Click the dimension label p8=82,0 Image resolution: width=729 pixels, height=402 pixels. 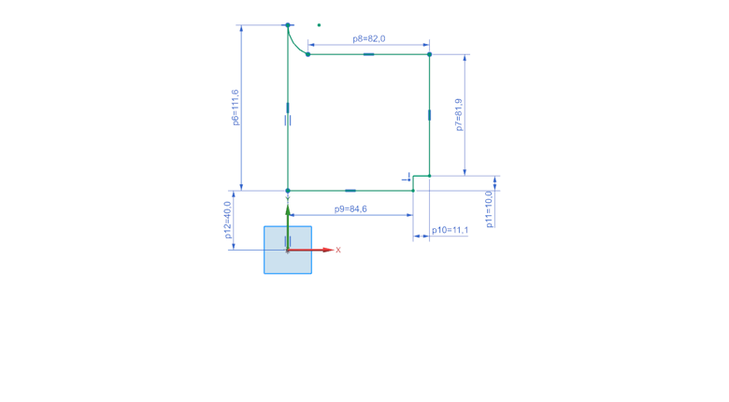pos(369,38)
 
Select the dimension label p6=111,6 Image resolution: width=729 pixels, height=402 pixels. pos(235,107)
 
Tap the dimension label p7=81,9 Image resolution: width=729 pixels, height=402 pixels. pos(459,114)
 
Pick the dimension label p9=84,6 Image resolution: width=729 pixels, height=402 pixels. pos(350,209)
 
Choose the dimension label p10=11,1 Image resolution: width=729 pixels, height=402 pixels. pos(450,230)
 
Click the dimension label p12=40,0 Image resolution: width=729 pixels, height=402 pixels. pos(227,221)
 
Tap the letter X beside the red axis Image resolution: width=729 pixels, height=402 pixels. pos(338,251)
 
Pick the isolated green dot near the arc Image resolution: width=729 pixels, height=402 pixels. pos(319,25)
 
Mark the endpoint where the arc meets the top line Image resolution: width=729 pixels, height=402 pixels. pos(307,54)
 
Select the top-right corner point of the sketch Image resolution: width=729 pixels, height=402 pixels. pos(429,54)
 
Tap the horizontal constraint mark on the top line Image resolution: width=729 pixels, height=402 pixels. pos(368,54)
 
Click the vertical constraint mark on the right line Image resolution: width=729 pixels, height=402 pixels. pos(429,115)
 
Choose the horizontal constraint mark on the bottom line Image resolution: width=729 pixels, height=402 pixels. pos(350,191)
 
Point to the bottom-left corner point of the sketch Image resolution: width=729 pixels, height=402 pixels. pos(288,191)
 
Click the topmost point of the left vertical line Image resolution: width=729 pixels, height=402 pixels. pos(288,25)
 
